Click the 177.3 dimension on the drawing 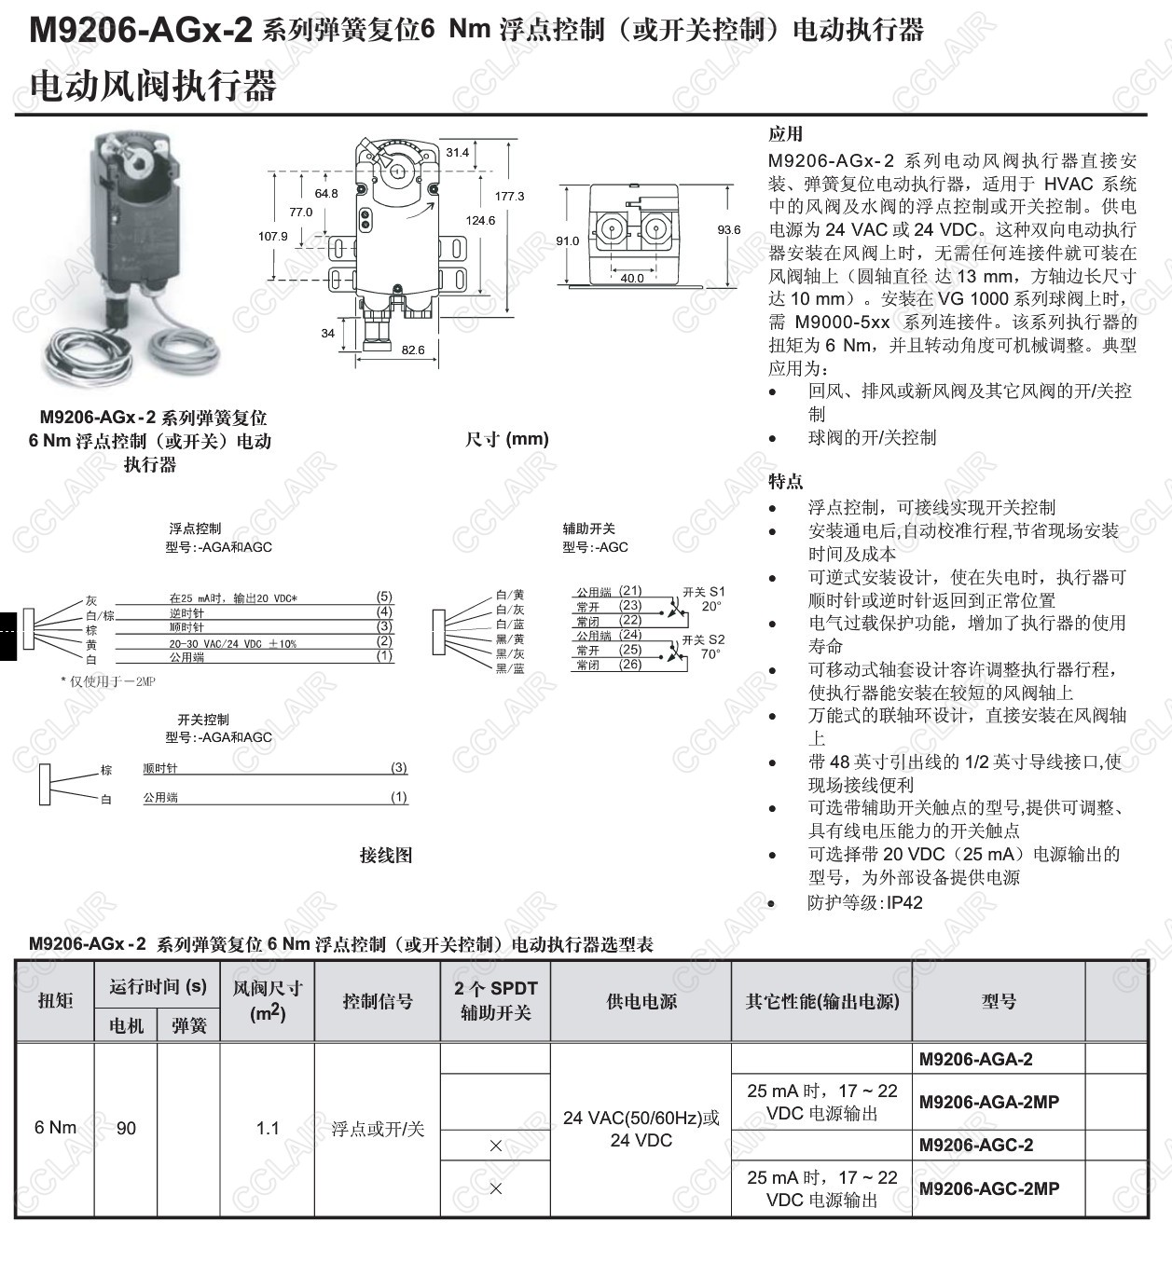(509, 196)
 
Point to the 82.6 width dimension (412, 350)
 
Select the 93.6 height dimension (728, 229)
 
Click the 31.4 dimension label (457, 152)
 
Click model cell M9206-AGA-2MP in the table (989, 1102)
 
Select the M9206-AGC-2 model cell (976, 1145)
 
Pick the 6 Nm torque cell (55, 1128)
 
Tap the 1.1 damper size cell (268, 1129)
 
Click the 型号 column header (999, 1001)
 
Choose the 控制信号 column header (377, 1001)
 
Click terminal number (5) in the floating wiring (384, 597)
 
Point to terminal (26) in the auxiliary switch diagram (630, 665)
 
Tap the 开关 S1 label (703, 592)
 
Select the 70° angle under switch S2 (710, 654)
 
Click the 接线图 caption (386, 855)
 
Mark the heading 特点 (785, 481)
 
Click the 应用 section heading (785, 134)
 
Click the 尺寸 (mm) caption (507, 439)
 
